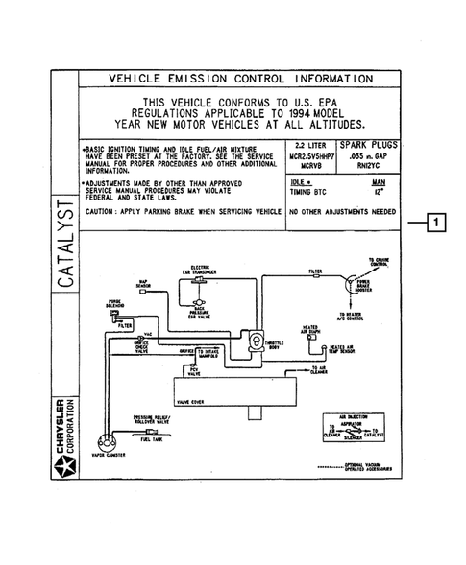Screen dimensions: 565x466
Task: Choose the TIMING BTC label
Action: [307, 192]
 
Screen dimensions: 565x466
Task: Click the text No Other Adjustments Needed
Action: [342, 212]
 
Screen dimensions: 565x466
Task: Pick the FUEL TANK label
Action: [153, 439]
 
